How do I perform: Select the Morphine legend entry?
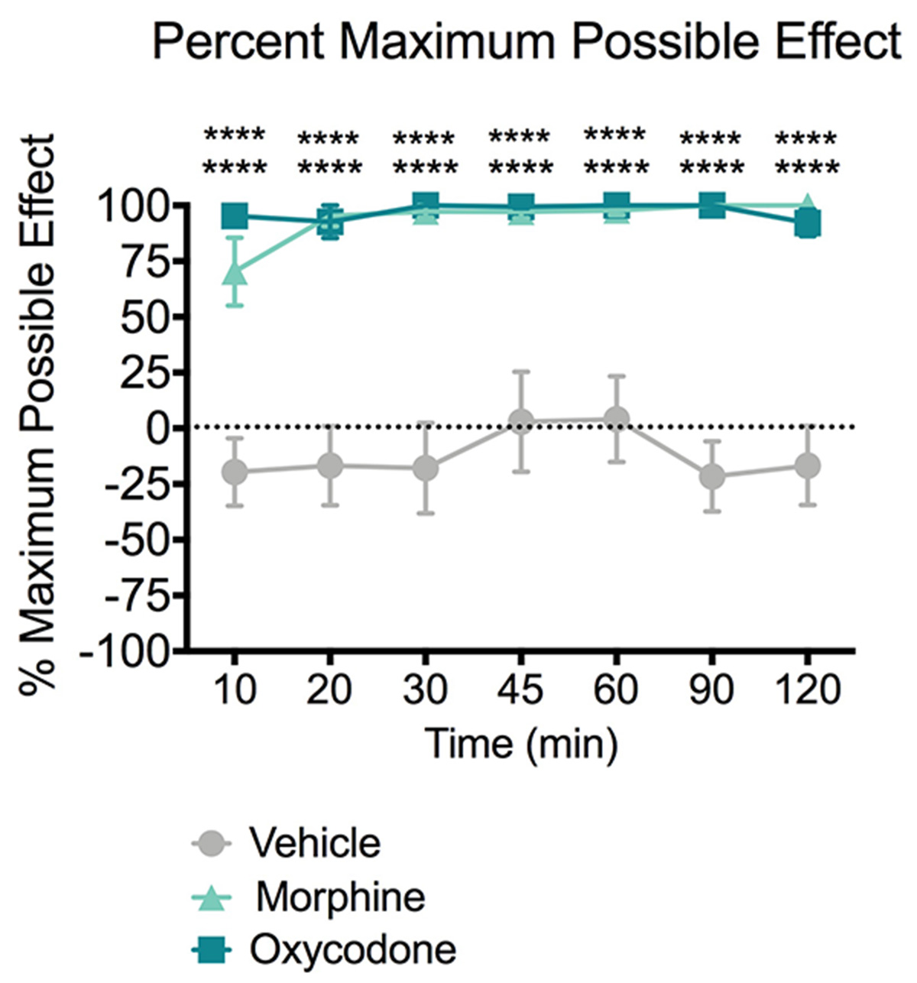coord(340,896)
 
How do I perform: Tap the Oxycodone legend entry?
coord(352,949)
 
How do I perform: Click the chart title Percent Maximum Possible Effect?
coord(527,42)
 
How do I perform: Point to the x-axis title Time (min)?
coord(520,744)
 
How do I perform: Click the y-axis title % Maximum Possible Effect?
coord(38,413)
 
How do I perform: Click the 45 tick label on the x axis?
coord(520,691)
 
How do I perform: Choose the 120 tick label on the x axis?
coord(807,691)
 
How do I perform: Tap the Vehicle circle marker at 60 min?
coord(616,419)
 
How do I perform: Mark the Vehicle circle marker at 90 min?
coord(711,476)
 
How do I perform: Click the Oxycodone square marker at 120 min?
coord(807,225)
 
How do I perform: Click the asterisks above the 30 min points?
coord(425,153)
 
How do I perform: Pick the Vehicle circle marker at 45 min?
coord(520,422)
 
